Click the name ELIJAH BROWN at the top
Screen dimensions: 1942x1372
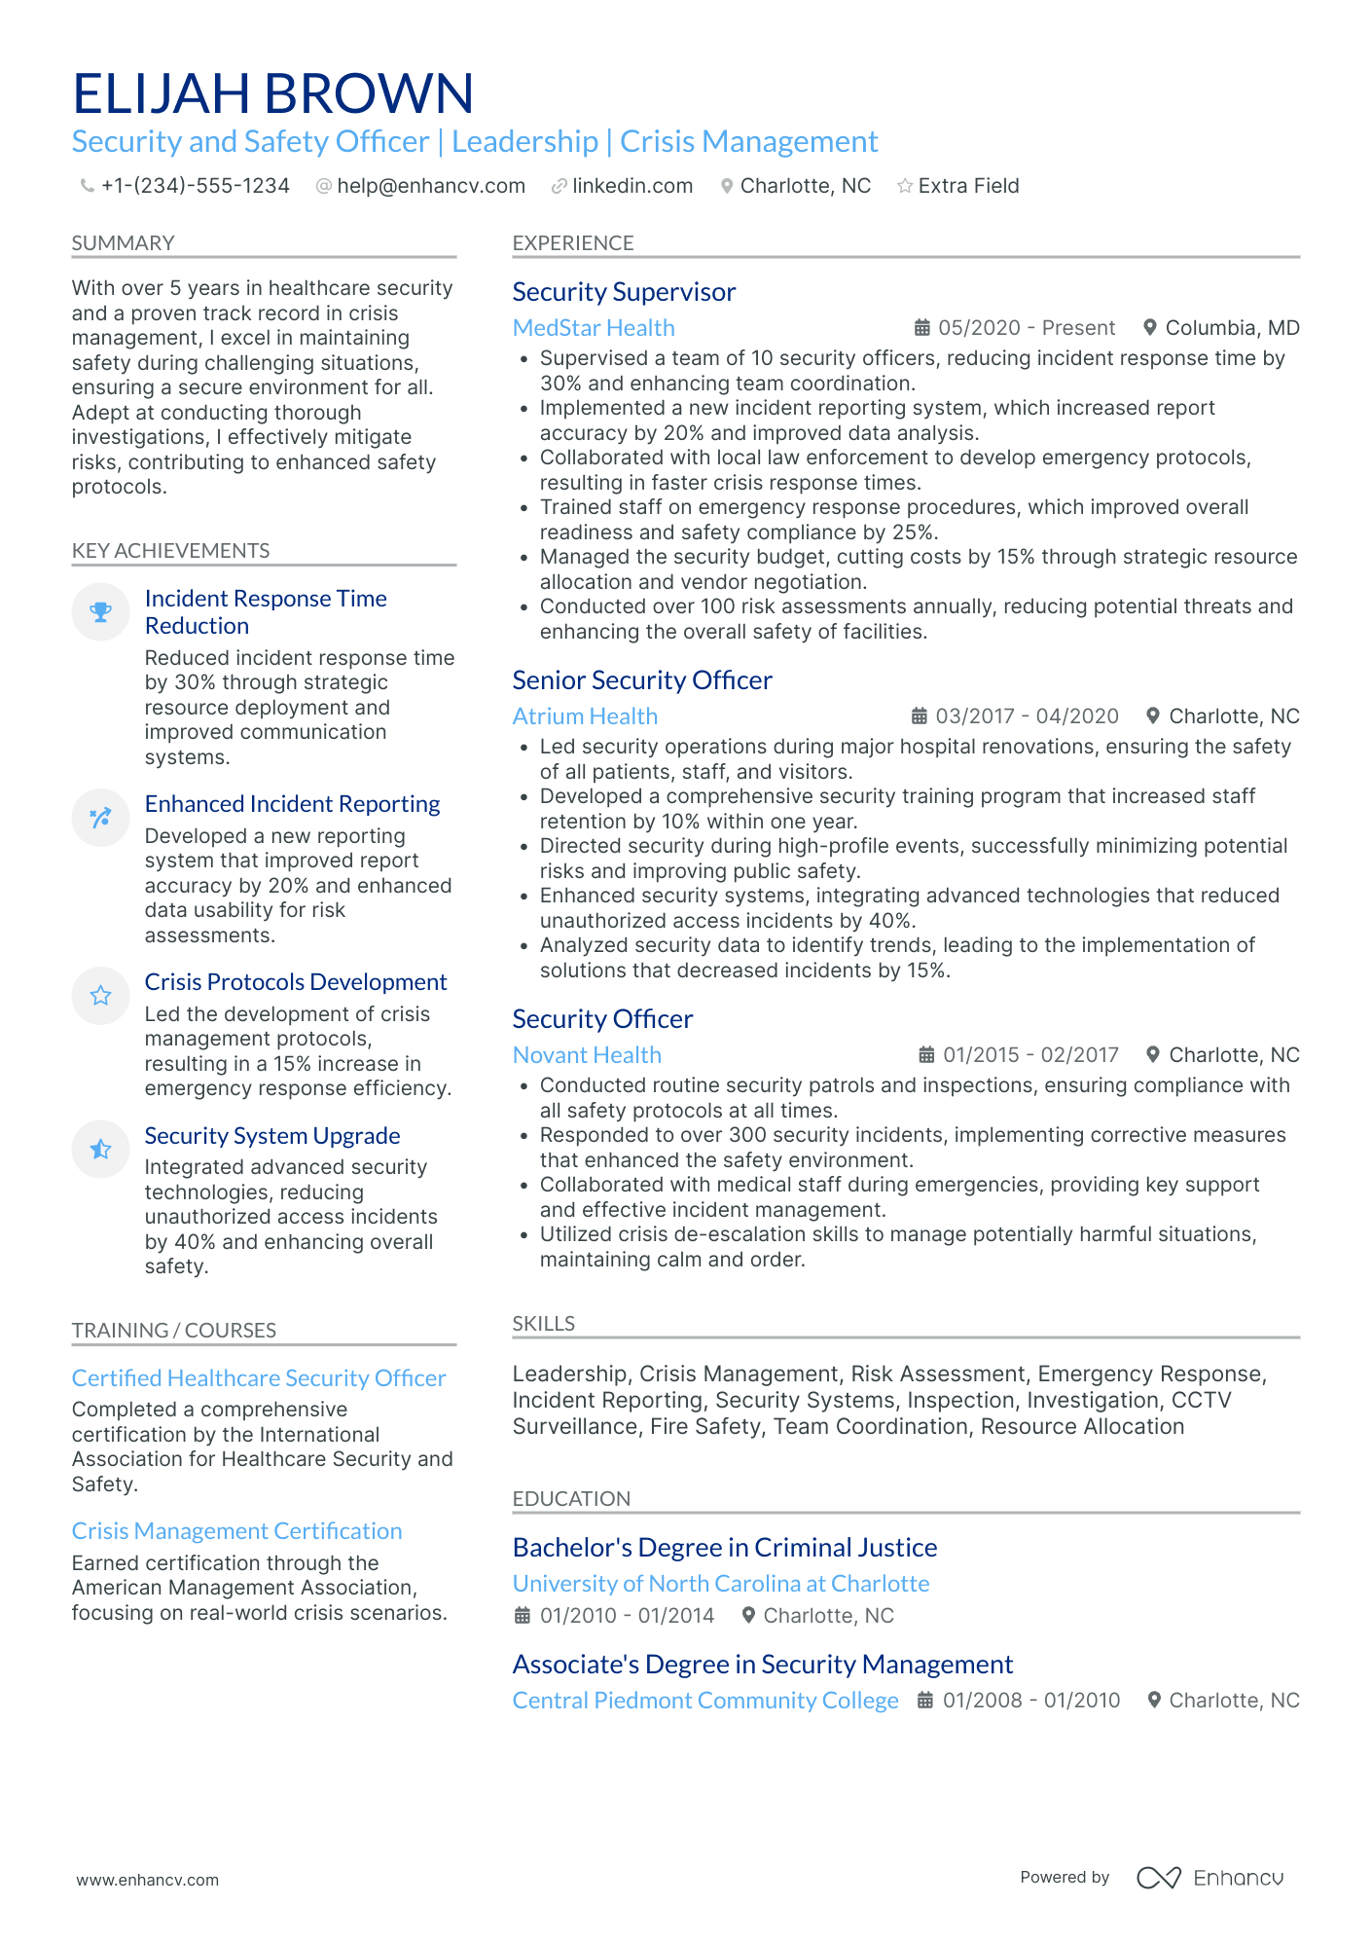273,93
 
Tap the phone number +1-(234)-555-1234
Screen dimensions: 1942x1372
195,186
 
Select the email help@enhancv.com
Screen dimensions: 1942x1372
430,186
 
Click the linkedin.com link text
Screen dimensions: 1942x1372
632,186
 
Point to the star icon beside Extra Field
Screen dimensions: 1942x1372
905,186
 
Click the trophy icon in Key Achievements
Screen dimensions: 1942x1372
100,612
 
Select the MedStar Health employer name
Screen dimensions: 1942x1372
594,328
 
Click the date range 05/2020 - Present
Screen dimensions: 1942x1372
1027,328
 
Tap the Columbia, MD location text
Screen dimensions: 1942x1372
1232,328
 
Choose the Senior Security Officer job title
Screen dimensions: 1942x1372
642,680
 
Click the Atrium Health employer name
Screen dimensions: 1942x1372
585,716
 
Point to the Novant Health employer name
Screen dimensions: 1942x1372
587,1055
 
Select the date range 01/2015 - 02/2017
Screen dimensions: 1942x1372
1030,1055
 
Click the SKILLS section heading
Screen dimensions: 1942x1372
544,1324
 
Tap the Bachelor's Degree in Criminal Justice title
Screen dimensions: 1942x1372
725,1548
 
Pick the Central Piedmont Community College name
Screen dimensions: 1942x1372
705,1701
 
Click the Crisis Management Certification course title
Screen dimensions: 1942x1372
236,1531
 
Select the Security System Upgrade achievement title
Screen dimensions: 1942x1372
272,1136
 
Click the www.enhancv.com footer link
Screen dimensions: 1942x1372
148,1880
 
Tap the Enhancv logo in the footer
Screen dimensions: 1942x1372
1210,1878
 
